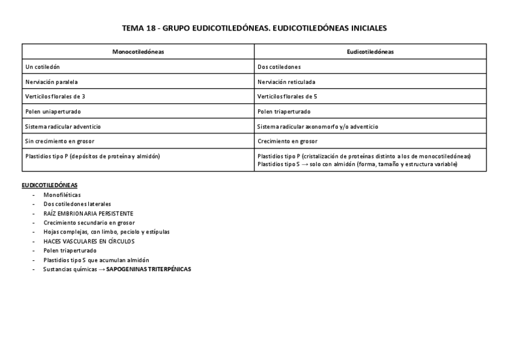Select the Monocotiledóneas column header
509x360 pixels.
coord(138,52)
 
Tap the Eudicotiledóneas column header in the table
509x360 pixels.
coord(370,52)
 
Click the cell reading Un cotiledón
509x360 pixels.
coord(43,67)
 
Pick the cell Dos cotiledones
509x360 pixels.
coord(279,67)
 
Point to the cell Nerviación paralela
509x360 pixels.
coord(52,82)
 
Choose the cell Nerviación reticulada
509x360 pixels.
coord(286,82)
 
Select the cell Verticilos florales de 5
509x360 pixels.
coord(287,96)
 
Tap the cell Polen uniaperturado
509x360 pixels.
coord(53,112)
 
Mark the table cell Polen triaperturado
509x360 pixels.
coord(284,112)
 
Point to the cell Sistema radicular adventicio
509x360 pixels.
coord(63,127)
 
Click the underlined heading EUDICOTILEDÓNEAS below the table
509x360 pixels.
coord(49,185)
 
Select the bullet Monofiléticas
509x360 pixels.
coord(62,195)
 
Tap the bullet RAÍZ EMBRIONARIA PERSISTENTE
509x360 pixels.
coord(88,213)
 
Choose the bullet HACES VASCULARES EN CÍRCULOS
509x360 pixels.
coord(89,241)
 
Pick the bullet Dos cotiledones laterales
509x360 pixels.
coord(77,204)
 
